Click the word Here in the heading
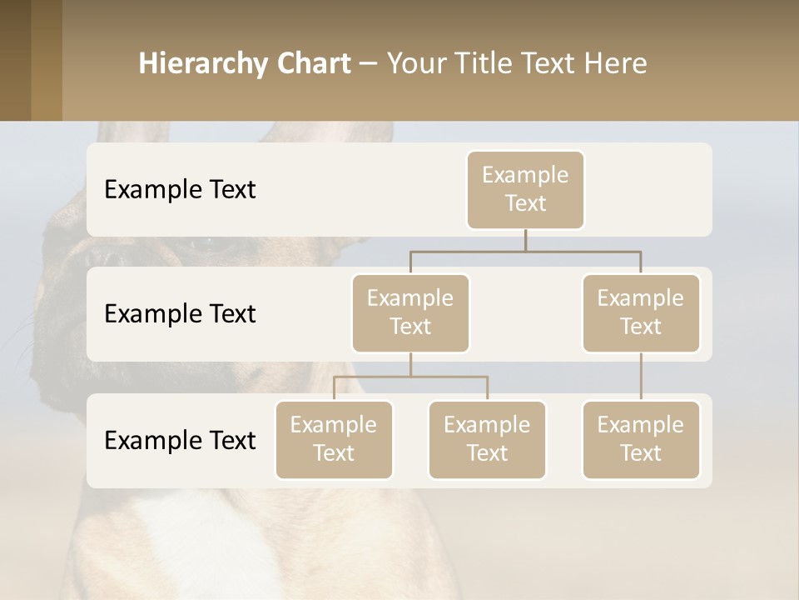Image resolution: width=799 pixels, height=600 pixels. point(616,63)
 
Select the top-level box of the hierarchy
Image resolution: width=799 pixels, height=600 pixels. point(525,190)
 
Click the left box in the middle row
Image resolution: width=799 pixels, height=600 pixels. point(410,312)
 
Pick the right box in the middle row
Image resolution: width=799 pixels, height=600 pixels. point(641,312)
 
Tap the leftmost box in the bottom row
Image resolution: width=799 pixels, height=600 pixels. point(334,439)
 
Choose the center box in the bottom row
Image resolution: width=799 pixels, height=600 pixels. point(487,439)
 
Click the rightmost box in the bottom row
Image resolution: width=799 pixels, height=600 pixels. point(641,439)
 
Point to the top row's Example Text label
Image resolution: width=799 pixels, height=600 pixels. point(180,190)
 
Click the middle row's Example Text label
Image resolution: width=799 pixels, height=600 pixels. point(180,314)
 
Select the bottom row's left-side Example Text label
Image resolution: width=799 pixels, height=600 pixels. point(180,441)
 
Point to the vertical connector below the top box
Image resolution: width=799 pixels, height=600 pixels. point(525,240)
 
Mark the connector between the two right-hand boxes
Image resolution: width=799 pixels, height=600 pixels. point(641,377)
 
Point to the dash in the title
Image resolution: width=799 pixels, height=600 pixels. point(369,64)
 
